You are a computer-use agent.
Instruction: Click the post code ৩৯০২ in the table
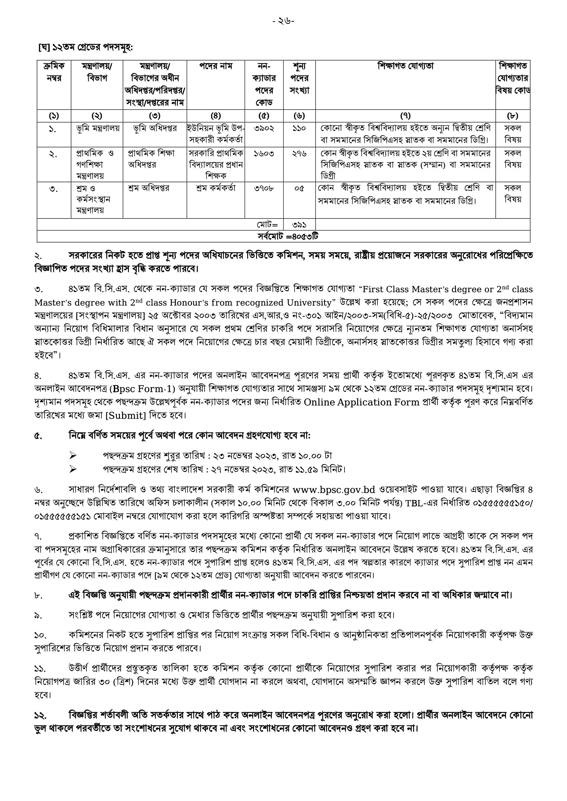264,128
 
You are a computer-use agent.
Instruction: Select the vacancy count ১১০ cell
299,128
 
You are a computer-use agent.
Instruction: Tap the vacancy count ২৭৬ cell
299,153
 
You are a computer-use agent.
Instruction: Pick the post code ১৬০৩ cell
264,153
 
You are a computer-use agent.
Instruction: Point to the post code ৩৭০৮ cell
264,188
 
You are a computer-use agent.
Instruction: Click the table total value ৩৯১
299,225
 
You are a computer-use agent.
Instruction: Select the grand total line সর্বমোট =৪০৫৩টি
288,236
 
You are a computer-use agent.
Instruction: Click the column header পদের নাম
216,66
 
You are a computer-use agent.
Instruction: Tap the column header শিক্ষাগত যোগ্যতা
405,66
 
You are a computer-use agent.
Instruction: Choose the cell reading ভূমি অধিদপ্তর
155,128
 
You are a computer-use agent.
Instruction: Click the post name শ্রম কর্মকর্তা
216,188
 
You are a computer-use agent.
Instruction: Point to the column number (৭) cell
405,115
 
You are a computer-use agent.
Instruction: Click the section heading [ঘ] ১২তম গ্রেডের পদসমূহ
85,47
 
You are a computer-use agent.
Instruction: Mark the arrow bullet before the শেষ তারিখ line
73,469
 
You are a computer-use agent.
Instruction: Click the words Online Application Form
361,402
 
